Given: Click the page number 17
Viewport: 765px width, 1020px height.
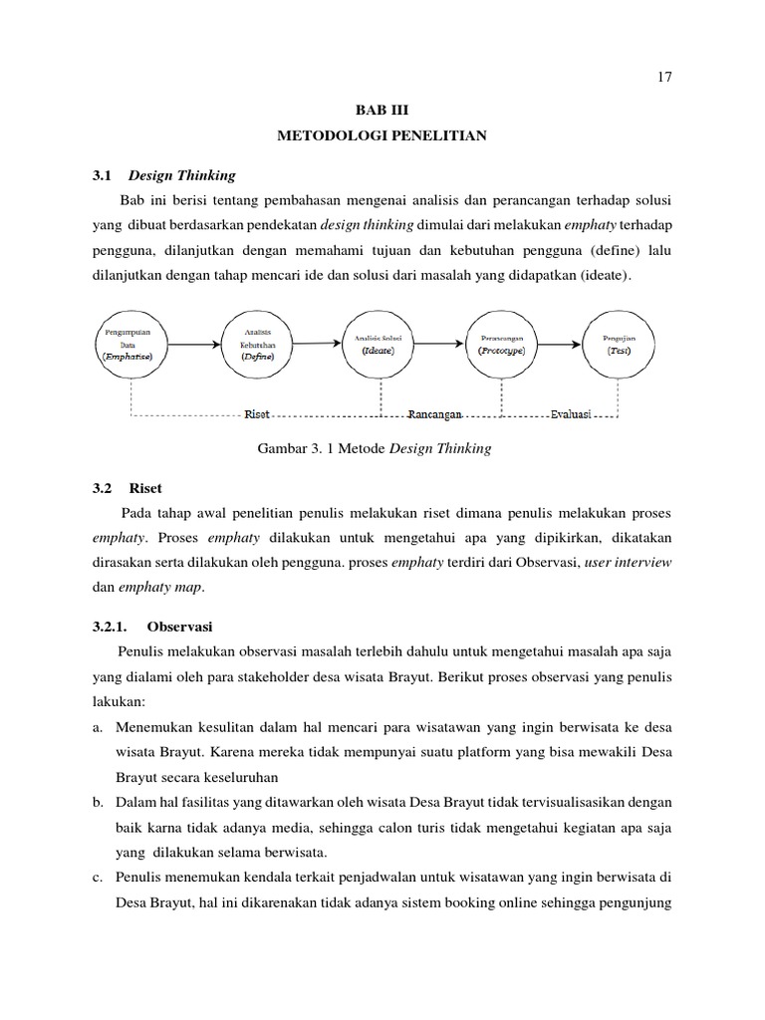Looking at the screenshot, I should click(x=665, y=79).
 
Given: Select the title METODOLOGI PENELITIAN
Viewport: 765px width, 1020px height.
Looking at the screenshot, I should click(x=382, y=135).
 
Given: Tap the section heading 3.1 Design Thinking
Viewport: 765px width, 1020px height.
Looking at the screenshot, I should click(x=163, y=175).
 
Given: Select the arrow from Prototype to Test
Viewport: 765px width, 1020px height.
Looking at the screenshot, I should click(x=560, y=345).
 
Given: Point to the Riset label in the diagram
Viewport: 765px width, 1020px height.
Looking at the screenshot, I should click(x=257, y=414).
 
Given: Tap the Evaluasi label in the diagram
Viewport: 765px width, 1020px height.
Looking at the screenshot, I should click(x=569, y=414).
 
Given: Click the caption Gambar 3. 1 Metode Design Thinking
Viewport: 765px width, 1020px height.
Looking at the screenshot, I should click(x=374, y=449).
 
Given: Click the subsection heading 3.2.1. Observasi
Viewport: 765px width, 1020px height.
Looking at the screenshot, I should click(x=152, y=627).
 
